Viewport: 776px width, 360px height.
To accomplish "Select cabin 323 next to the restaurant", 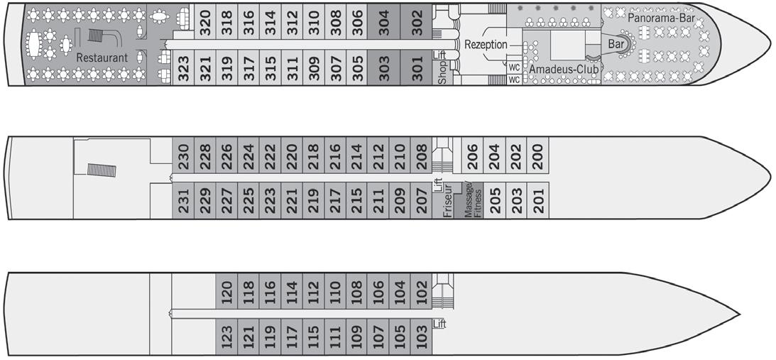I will click(x=183, y=69).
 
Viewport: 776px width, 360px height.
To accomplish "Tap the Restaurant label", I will click(x=102, y=58).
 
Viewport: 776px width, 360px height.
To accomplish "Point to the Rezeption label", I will click(x=486, y=45).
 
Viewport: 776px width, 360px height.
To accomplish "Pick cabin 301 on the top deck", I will click(x=417, y=69).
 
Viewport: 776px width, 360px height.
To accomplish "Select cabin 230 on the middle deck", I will click(x=183, y=156).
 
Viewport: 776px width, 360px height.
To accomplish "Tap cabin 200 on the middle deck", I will click(x=537, y=156).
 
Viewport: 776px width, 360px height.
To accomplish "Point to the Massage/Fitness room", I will click(x=473, y=200).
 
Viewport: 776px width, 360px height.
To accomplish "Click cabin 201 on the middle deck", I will click(x=537, y=201).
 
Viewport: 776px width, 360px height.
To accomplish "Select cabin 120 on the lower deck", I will click(x=226, y=291).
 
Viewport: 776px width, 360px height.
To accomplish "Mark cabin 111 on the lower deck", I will click(x=334, y=336).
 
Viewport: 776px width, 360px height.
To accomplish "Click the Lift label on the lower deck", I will click(x=440, y=324).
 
